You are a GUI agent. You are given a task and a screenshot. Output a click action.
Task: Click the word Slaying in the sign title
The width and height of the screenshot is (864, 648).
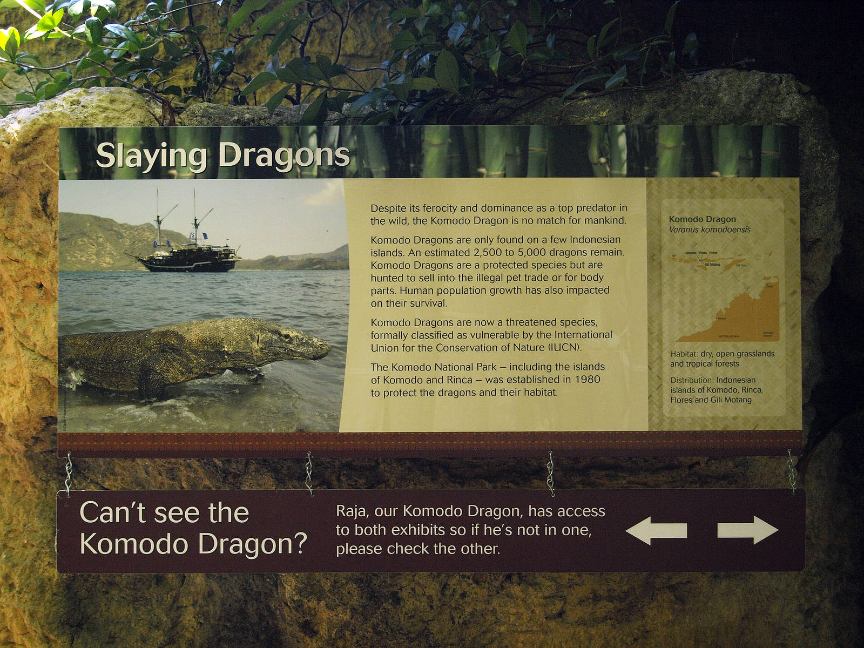click(151, 156)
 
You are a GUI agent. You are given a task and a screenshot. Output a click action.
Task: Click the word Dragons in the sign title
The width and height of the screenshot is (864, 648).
click(284, 156)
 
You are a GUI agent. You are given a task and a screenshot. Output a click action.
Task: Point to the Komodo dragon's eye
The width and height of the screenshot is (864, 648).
click(286, 336)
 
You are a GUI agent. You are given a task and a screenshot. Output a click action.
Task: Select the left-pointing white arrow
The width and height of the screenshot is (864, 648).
click(656, 530)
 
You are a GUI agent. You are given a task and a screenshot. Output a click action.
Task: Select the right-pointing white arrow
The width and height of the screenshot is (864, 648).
click(748, 530)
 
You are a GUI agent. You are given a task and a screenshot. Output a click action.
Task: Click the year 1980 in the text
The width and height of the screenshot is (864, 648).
click(587, 380)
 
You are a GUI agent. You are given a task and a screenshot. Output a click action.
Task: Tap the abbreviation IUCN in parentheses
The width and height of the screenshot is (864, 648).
click(564, 348)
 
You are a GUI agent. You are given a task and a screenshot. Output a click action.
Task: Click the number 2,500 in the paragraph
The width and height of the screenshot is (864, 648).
click(487, 252)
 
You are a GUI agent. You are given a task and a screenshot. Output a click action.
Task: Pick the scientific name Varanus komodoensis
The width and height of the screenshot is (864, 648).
click(710, 230)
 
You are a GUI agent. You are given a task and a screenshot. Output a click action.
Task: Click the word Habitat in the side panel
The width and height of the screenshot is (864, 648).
click(683, 354)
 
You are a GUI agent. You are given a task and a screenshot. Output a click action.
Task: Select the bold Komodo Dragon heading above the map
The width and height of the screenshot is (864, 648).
click(702, 219)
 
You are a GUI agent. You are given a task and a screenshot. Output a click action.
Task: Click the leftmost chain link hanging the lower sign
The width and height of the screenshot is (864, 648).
click(69, 474)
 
